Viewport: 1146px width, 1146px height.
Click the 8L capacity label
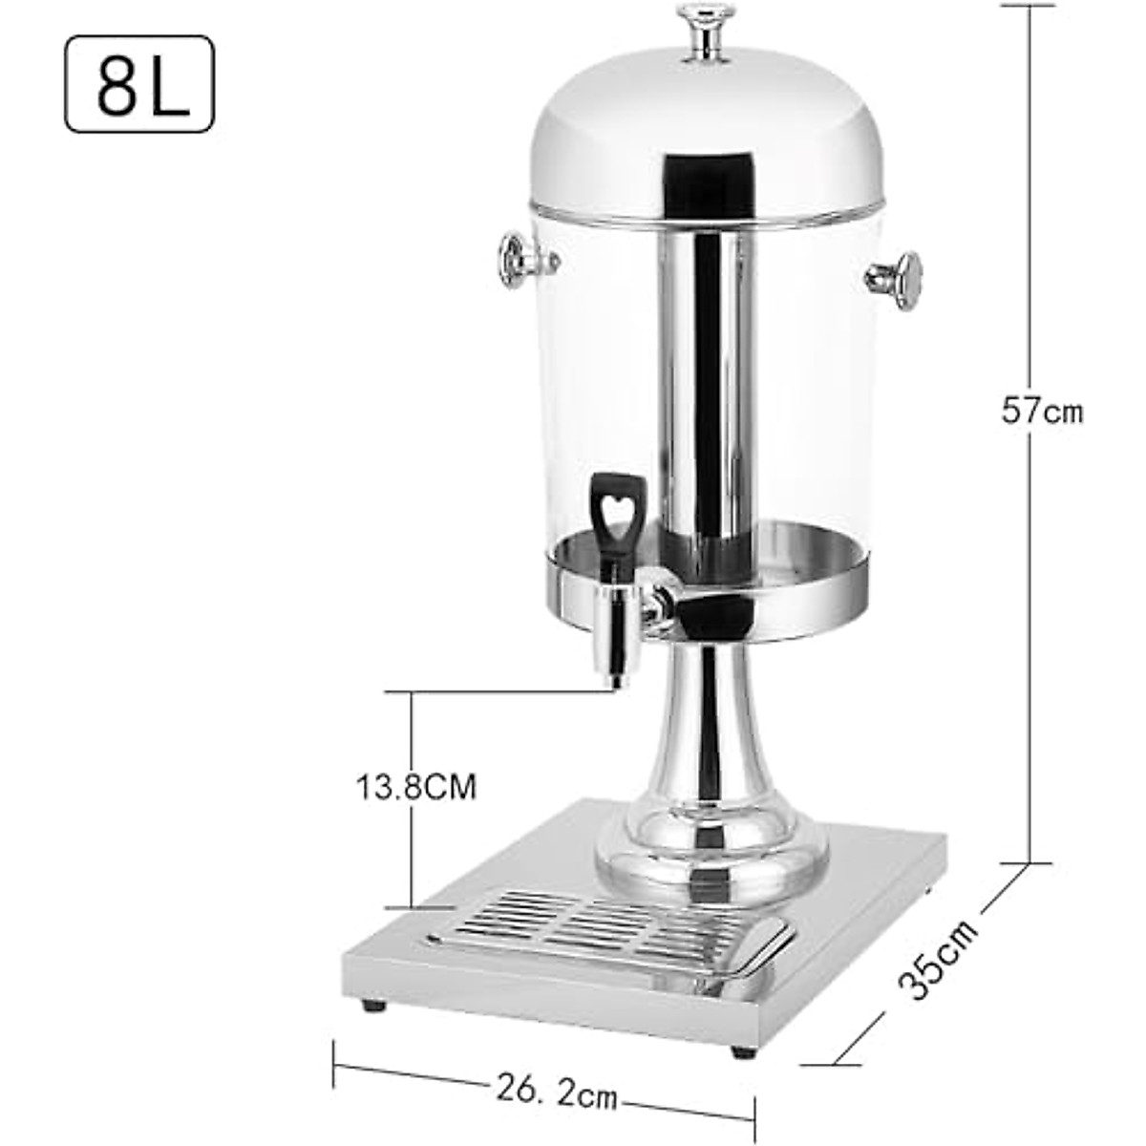[x=139, y=84]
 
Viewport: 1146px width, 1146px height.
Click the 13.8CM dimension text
[x=416, y=788]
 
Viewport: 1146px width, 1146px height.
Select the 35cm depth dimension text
[x=941, y=958]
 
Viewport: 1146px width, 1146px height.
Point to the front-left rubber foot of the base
[x=373, y=1005]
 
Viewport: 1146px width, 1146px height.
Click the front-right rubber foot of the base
[x=743, y=1051]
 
